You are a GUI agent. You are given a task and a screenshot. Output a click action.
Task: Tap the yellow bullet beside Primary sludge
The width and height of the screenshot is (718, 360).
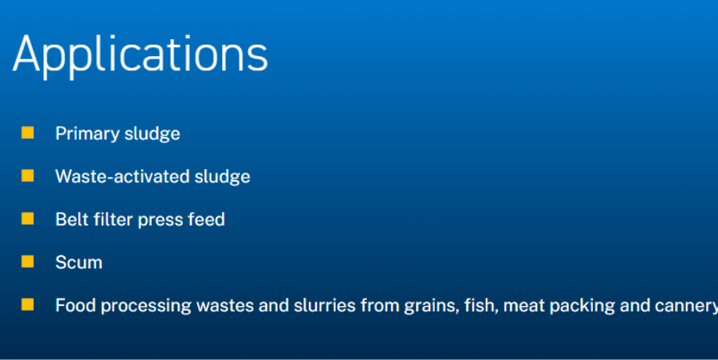27,132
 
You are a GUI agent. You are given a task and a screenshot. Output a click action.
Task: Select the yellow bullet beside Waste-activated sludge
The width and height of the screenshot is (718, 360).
27,175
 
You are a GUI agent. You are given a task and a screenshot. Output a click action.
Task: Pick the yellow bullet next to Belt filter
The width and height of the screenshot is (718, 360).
27,218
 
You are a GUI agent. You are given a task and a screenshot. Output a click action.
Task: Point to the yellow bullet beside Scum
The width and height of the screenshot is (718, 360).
27,261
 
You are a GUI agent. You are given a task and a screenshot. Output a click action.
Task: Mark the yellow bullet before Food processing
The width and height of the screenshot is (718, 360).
27,304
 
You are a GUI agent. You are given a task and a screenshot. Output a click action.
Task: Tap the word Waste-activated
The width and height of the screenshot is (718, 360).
123,176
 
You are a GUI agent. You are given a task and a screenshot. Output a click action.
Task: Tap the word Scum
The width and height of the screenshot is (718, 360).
79,262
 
